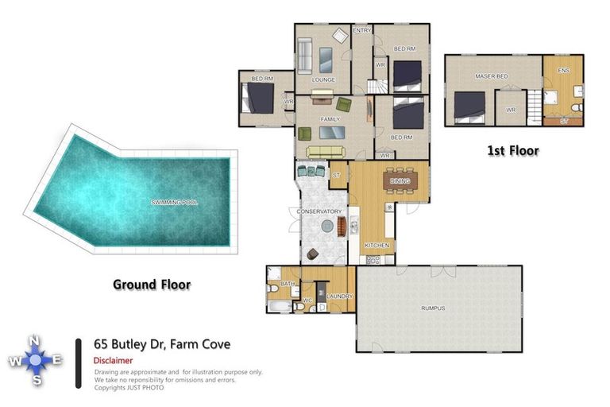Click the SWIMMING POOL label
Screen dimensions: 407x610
174,203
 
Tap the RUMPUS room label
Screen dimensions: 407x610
433,308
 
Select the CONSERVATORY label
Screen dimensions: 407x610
319,211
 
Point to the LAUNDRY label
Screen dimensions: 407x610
339,297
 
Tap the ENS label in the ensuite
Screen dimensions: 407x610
563,72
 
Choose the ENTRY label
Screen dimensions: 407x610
362,30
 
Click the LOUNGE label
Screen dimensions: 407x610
323,79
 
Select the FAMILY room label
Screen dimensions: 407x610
330,118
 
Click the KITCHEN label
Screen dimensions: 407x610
376,246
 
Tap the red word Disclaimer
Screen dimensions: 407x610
114,360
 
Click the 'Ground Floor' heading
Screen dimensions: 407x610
151,284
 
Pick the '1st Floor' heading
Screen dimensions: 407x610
512,150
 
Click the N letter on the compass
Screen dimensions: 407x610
34,342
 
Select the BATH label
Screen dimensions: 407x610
287,283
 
